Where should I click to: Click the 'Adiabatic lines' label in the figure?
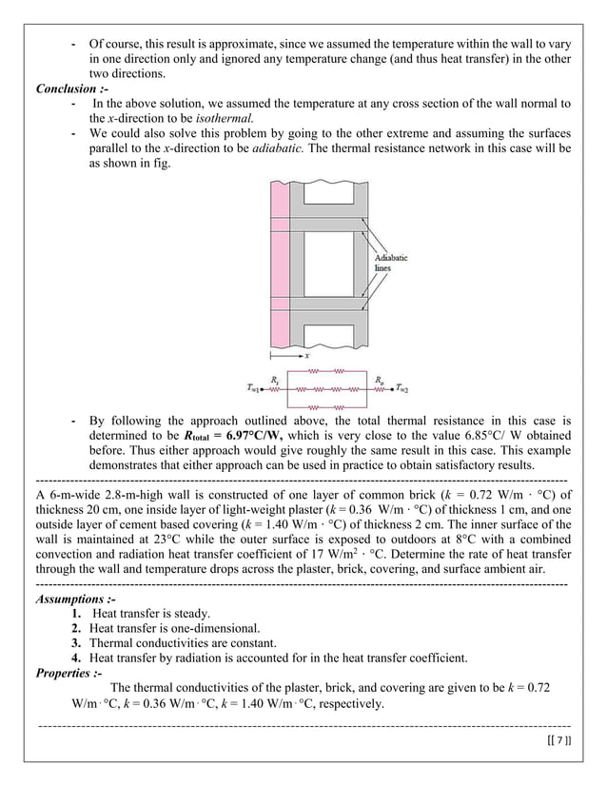coord(394,263)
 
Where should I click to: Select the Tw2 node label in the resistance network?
coord(402,388)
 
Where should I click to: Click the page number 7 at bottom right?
coord(561,740)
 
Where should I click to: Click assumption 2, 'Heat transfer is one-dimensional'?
coord(174,628)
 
